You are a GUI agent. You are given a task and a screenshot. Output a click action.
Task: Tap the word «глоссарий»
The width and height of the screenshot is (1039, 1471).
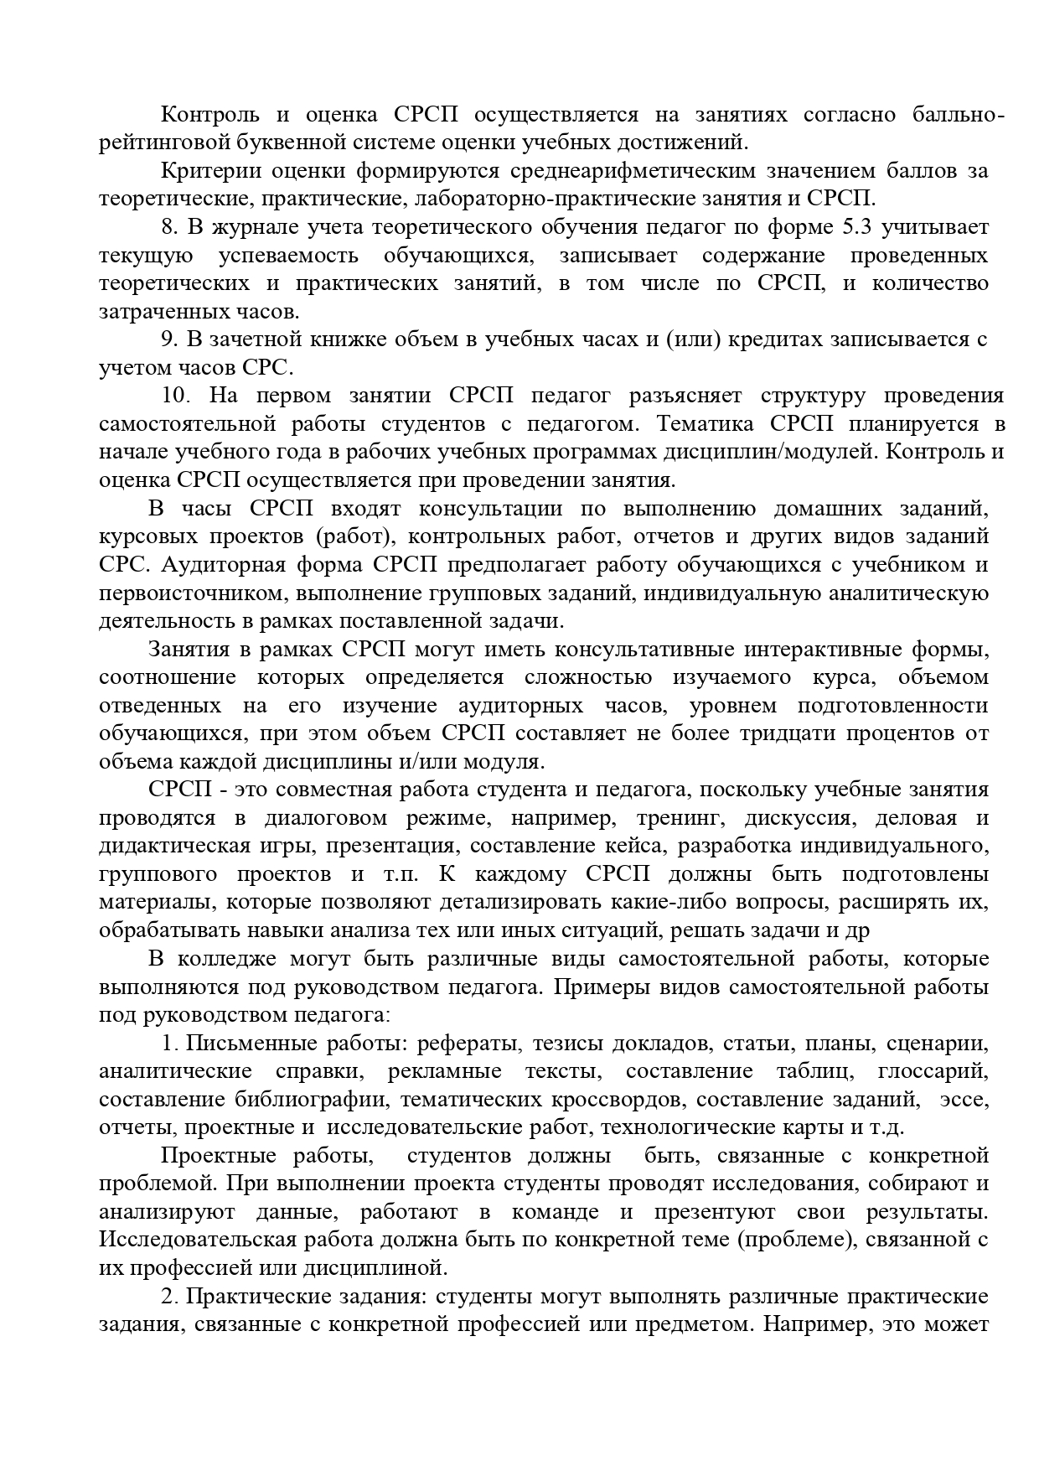tap(933, 1071)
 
